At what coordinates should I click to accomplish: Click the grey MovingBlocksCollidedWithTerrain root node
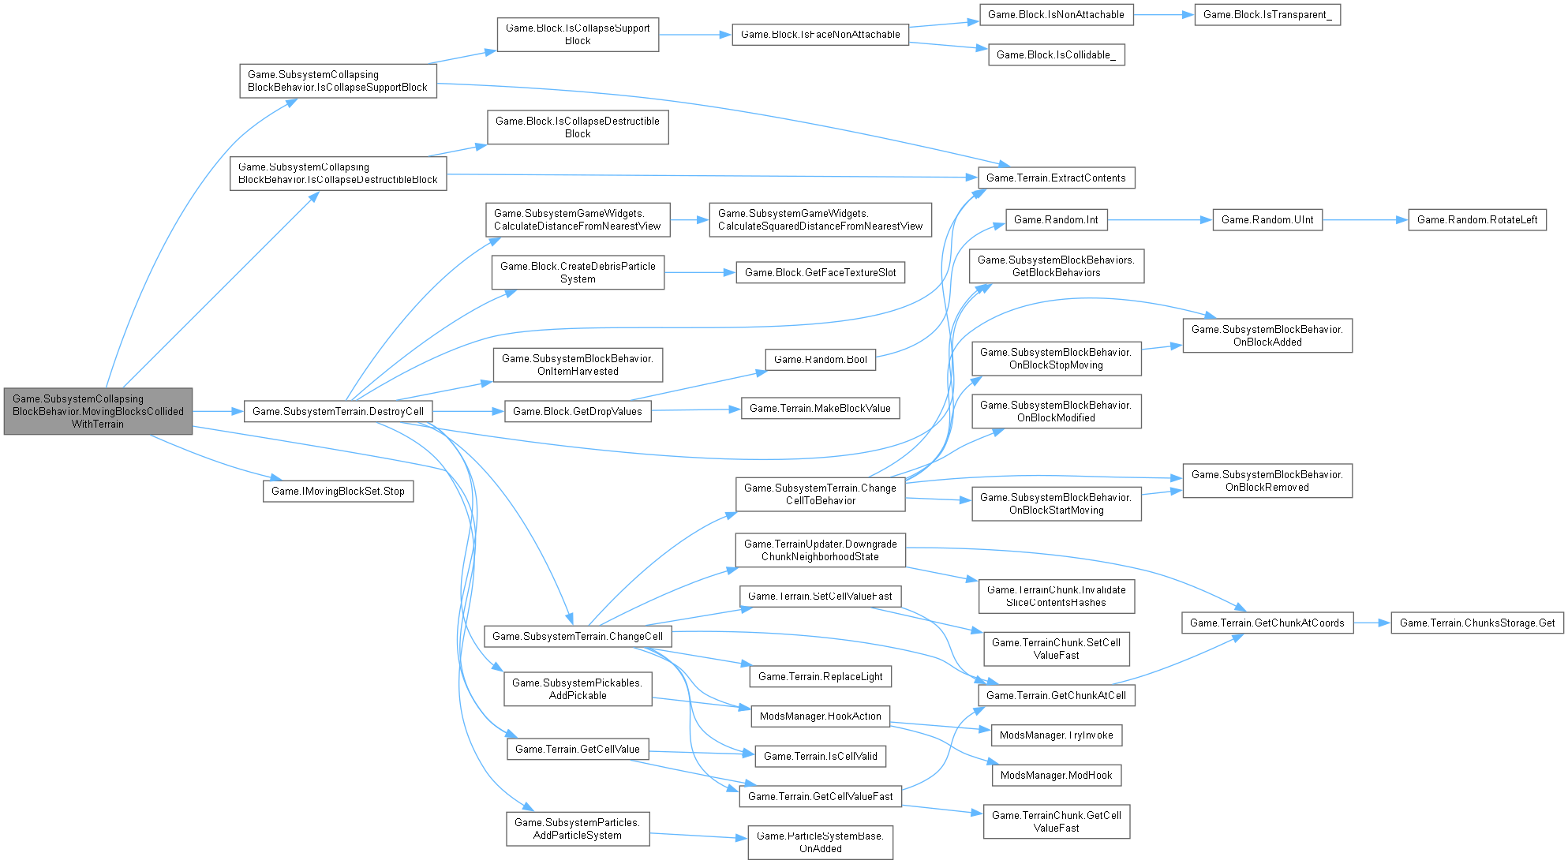pos(98,411)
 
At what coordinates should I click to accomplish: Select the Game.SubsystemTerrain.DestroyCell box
pos(338,411)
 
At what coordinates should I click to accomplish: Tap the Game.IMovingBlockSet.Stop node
pos(338,491)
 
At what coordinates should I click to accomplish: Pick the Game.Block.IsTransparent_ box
pos(1267,14)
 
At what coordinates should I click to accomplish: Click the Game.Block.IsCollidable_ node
pos(1056,54)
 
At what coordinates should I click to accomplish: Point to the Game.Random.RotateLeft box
pos(1476,219)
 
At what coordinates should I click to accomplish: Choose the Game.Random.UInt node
pos(1267,219)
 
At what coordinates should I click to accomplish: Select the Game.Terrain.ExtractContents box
pos(1056,178)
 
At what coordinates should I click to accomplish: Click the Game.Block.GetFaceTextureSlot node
pos(820,272)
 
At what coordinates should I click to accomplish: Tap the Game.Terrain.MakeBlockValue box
pos(820,408)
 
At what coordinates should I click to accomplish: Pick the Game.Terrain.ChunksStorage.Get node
pos(1476,623)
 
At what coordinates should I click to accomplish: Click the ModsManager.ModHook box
pos(1056,775)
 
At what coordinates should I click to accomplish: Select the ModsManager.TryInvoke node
pos(1056,735)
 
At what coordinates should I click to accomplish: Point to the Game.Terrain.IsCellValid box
pos(820,756)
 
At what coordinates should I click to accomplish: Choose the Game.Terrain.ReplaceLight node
pos(820,676)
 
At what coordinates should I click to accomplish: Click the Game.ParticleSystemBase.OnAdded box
pos(820,842)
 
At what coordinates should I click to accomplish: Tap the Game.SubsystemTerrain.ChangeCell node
pos(577,636)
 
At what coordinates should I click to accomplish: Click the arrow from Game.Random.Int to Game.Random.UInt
pos(1159,219)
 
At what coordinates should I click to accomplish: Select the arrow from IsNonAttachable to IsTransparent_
pos(1164,14)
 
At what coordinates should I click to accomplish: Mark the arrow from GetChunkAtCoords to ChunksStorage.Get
pos(1372,623)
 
